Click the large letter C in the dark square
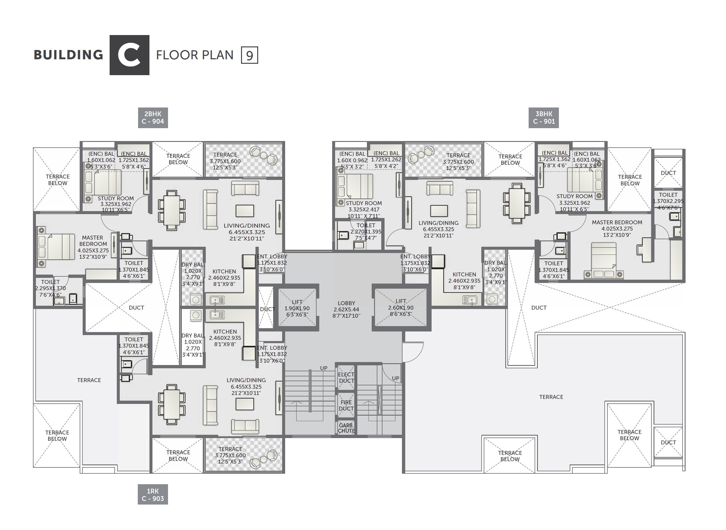pyautogui.click(x=129, y=55)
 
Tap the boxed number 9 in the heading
pyautogui.click(x=249, y=55)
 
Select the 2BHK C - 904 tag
pyautogui.click(x=153, y=117)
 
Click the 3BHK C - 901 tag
pyautogui.click(x=544, y=117)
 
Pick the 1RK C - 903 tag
pyautogui.click(x=153, y=494)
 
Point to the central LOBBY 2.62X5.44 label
pyautogui.click(x=346, y=309)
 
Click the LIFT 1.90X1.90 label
pyautogui.click(x=297, y=308)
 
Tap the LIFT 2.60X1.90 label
pyautogui.click(x=401, y=307)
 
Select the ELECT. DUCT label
pyautogui.click(x=346, y=378)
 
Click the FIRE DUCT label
pyautogui.click(x=346, y=405)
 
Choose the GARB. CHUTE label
pyautogui.click(x=346, y=428)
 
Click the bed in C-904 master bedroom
pyautogui.click(x=56, y=246)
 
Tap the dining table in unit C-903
pyautogui.click(x=172, y=404)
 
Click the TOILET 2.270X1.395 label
pyautogui.click(x=365, y=231)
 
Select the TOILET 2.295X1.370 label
pyautogui.click(x=50, y=288)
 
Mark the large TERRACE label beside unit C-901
pyautogui.click(x=551, y=397)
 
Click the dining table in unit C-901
pyautogui.click(x=517, y=203)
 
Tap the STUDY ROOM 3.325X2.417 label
pyautogui.click(x=364, y=209)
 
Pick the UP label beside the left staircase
pyautogui.click(x=323, y=368)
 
